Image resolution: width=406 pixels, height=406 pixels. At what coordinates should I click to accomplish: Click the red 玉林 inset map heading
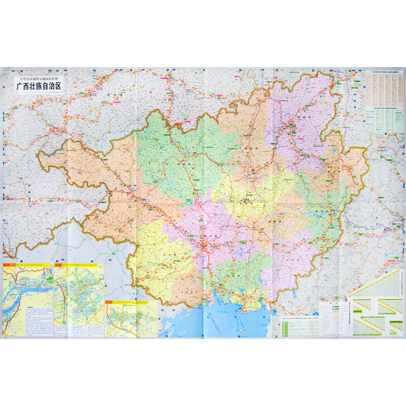coord(60,265)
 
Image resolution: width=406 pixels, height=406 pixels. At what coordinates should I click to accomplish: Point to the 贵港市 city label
coord(264,222)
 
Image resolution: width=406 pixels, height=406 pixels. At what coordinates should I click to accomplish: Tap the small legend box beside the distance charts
coord(332,312)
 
